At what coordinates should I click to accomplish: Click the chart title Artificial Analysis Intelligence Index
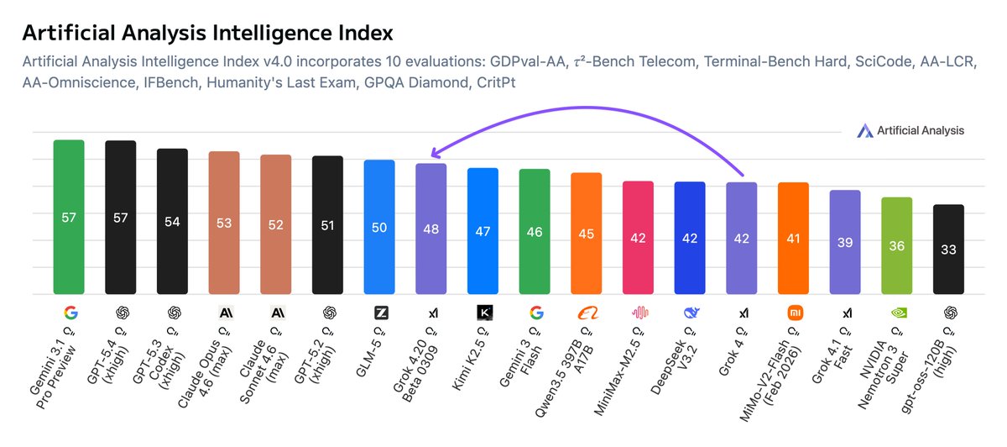207,33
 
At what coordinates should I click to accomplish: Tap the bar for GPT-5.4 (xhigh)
120,218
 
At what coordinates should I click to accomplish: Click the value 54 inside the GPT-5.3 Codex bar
172,221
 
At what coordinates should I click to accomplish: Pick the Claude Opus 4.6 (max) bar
224,223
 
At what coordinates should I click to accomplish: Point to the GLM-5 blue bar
379,227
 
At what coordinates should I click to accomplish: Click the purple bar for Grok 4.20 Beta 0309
431,229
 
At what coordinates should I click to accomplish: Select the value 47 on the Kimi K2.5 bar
483,231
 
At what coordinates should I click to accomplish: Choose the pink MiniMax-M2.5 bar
638,238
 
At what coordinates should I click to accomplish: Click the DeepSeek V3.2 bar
690,238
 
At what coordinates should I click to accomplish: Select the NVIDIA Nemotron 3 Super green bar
896,245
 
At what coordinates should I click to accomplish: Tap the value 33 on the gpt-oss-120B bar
948,249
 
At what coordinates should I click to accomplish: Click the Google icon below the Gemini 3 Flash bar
535,313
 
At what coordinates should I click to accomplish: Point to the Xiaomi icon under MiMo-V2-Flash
794,313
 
